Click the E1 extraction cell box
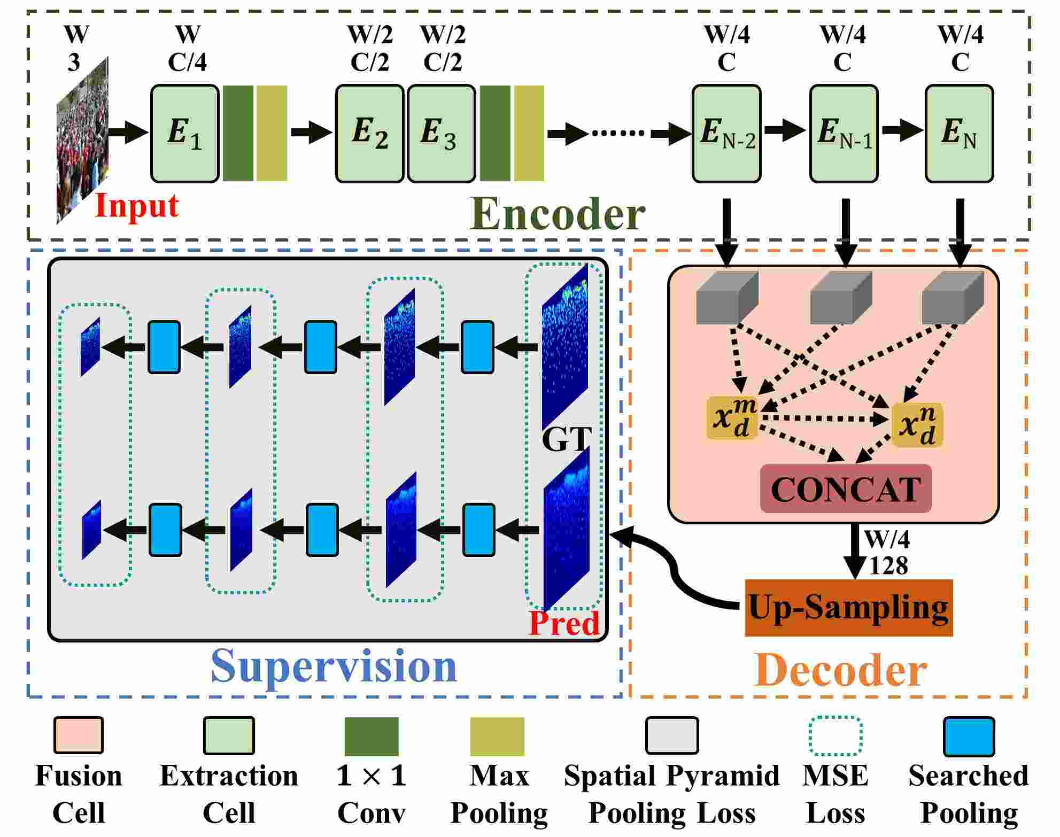pos(185,134)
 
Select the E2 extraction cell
pos(370,134)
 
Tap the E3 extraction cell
pos(442,134)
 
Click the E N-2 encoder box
pos(726,134)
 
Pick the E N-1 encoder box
pos(844,134)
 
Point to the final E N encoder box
pos(960,134)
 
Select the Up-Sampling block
pos(849,608)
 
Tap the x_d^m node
pos(732,417)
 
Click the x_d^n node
pos(918,425)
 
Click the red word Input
pos(137,206)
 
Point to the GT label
pos(567,439)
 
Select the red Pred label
pos(564,623)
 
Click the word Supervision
pos(335,666)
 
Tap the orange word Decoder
pos(840,670)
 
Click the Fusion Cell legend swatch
pos(78,736)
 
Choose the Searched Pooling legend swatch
pos(969,737)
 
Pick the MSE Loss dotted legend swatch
pos(835,736)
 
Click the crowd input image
pos(83,140)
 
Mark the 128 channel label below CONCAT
pos(888,565)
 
